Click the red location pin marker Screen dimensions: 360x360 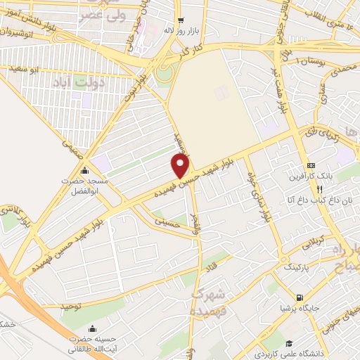coord(181,166)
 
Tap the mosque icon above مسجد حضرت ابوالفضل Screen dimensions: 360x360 coord(85,170)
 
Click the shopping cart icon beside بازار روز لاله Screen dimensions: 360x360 coord(181,21)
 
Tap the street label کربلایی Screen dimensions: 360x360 coord(311,245)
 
